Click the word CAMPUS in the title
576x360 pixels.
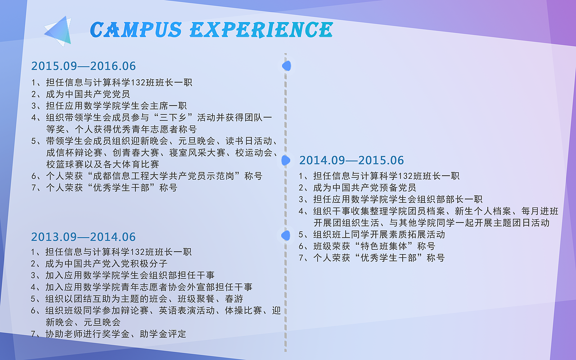[x=136, y=30]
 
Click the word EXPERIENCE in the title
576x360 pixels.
[x=261, y=30]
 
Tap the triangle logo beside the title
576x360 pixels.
[x=58, y=31]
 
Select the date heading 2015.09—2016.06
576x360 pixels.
[x=83, y=66]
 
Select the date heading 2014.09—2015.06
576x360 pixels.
[x=351, y=160]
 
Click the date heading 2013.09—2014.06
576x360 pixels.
[x=83, y=237]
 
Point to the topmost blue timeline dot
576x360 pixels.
[x=287, y=66]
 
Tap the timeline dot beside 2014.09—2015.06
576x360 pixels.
[x=286, y=161]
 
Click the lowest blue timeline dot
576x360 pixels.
[x=286, y=235]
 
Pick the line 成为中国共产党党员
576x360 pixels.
[x=88, y=94]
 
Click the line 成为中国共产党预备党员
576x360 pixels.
[x=364, y=188]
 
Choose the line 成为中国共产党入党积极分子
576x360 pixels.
[x=107, y=264]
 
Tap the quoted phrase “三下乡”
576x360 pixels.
[x=173, y=117]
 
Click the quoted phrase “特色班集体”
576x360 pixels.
[x=384, y=246]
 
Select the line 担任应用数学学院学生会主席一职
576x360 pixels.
[x=116, y=106]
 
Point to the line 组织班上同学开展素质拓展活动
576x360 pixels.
[x=379, y=234]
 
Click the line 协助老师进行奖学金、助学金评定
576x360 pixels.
[x=116, y=334]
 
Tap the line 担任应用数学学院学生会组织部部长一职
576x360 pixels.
[x=397, y=199]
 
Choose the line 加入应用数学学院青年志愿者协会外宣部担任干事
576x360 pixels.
[x=149, y=287]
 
